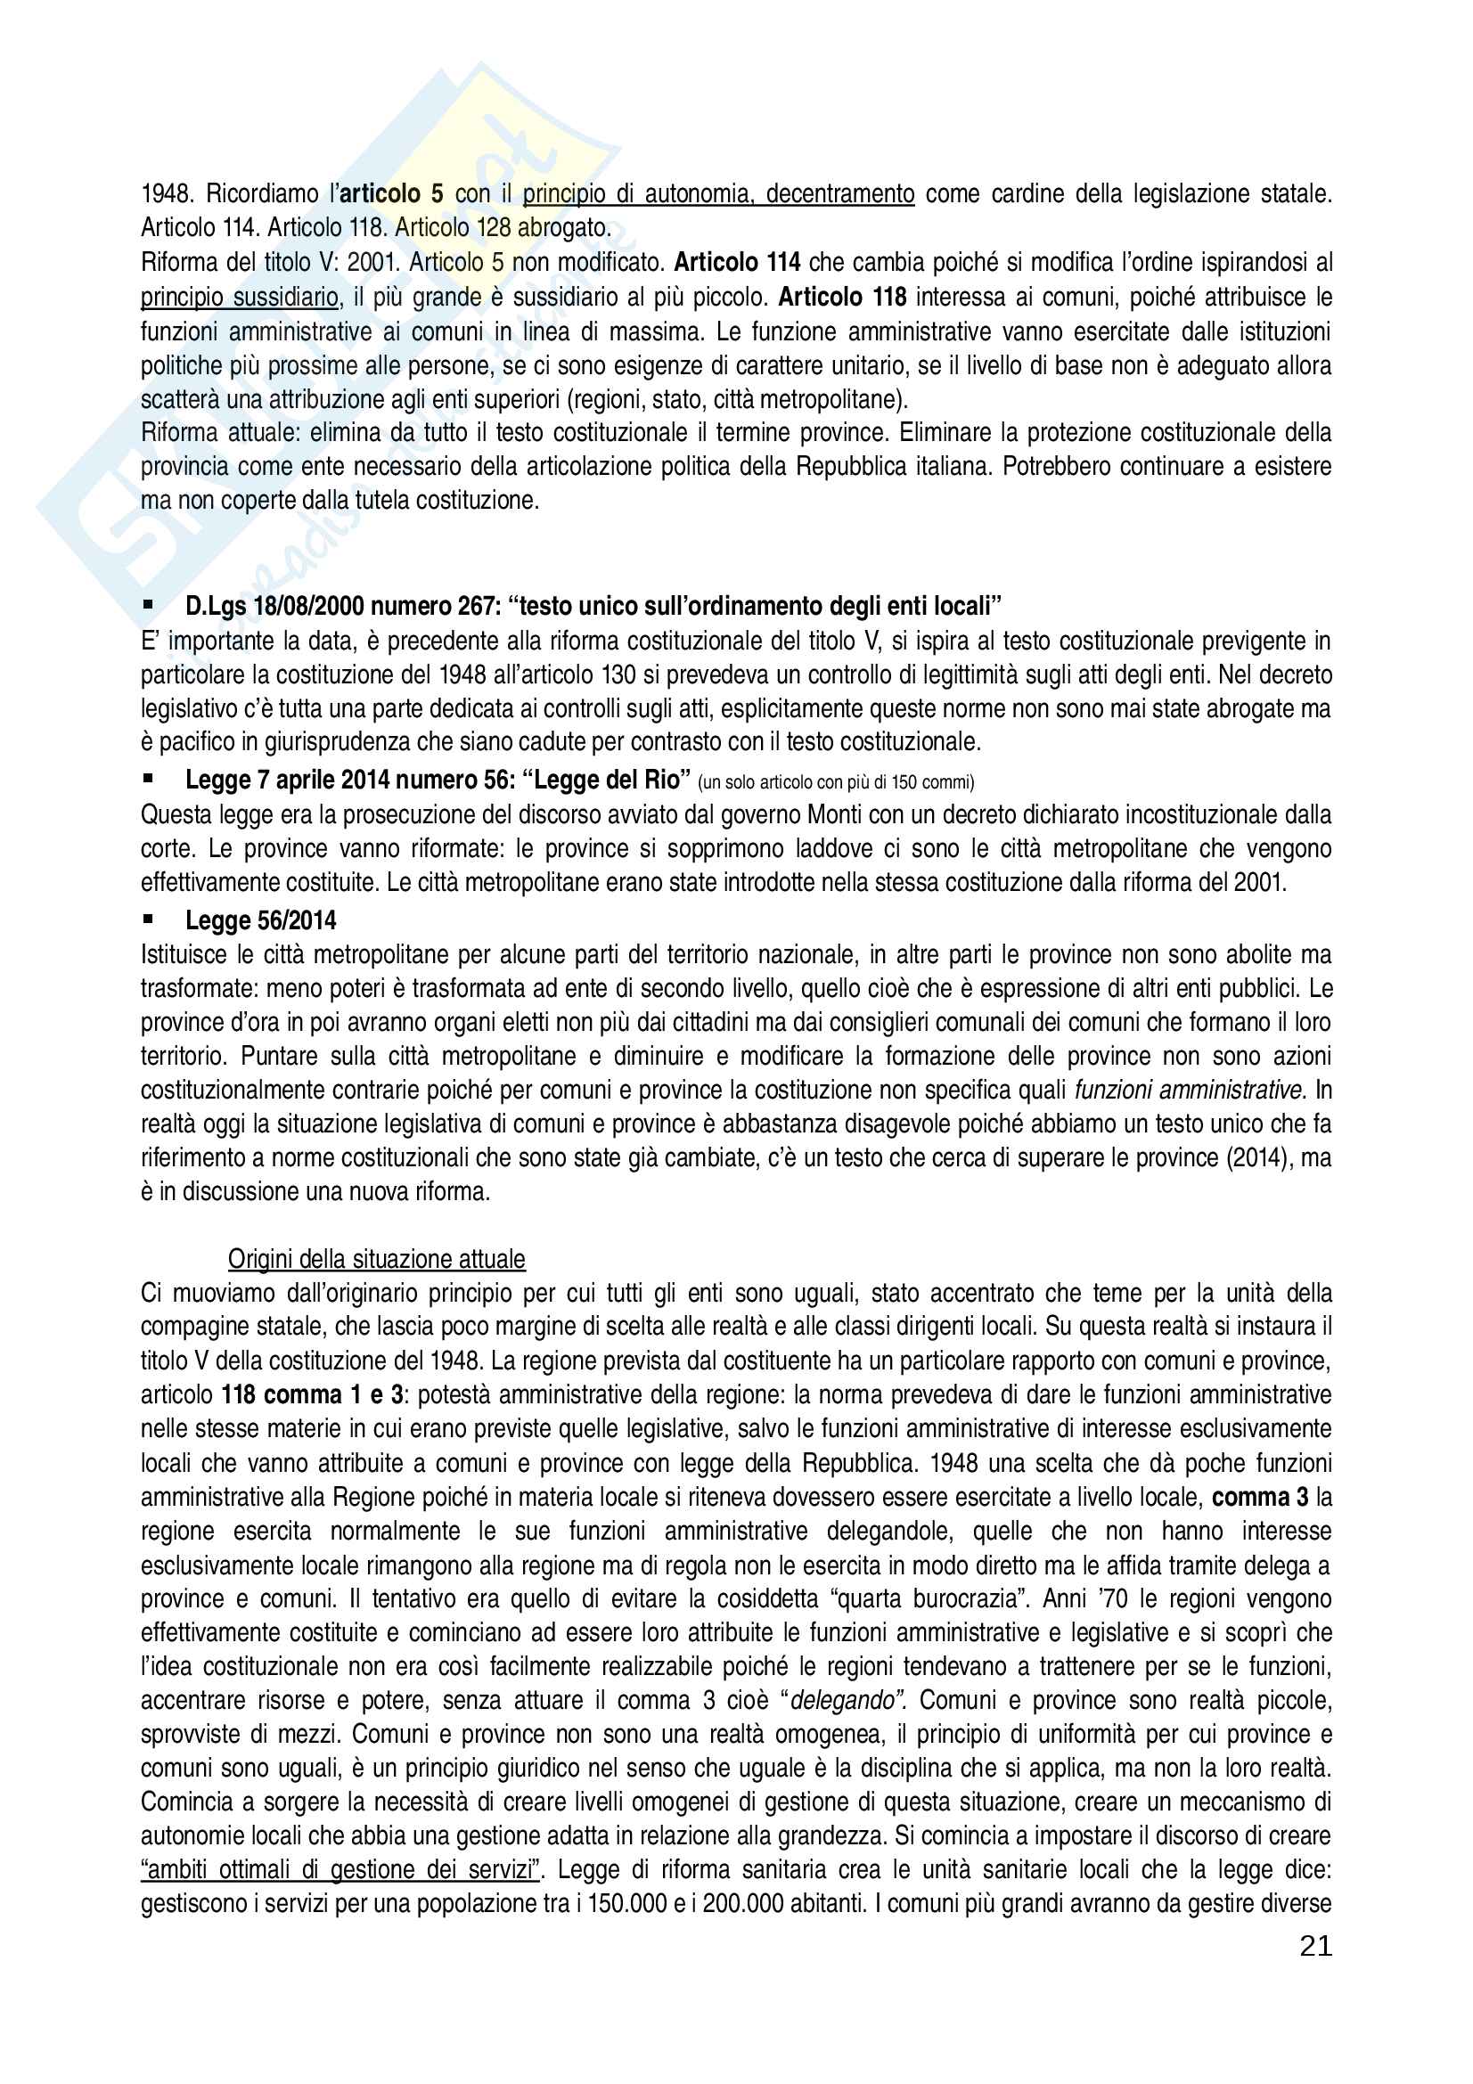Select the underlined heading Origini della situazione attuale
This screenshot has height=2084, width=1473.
pyautogui.click(x=377, y=1259)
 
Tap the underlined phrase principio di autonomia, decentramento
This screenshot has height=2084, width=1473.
pyautogui.click(x=718, y=193)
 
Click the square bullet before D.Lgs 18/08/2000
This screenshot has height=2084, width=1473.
pyautogui.click(x=148, y=604)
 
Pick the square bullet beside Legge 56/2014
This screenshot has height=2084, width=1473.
pyautogui.click(x=148, y=919)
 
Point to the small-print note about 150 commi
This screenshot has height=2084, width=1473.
pyautogui.click(x=835, y=781)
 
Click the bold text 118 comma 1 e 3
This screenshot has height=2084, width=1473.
pyautogui.click(x=312, y=1394)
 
